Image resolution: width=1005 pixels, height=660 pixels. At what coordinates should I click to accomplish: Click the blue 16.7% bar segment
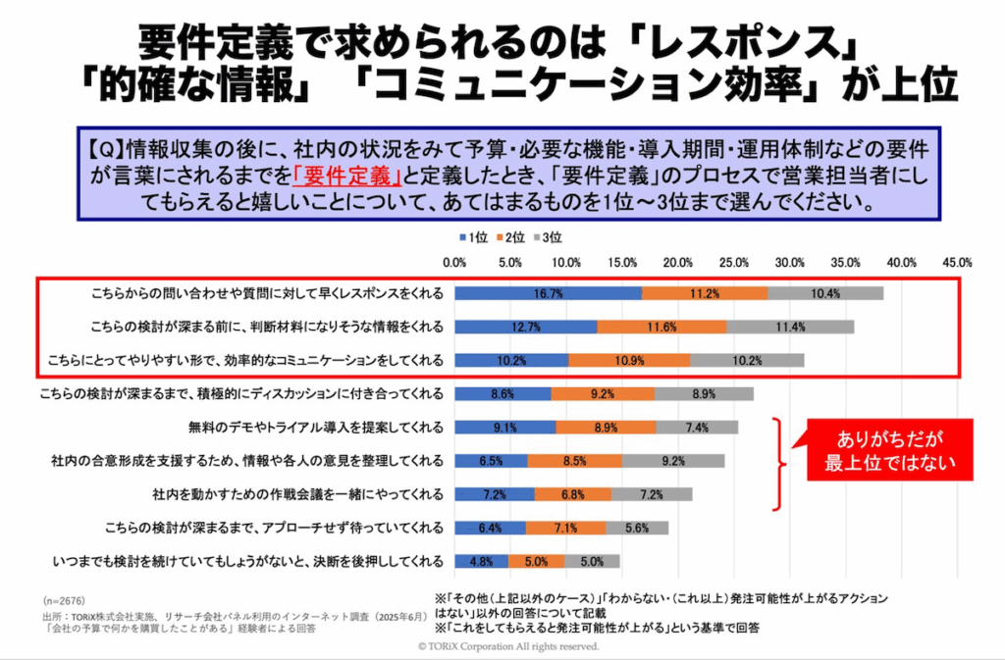[x=548, y=293]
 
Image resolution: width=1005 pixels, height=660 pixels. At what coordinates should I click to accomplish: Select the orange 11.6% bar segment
[x=661, y=327]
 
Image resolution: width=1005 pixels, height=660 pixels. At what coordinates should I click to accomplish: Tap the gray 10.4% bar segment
[x=825, y=293]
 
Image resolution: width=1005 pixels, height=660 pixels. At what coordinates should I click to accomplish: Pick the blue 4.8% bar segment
[x=481, y=562]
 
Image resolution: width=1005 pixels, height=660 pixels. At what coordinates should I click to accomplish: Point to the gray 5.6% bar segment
[x=637, y=528]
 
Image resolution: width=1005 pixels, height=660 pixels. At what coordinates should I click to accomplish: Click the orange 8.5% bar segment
[x=574, y=461]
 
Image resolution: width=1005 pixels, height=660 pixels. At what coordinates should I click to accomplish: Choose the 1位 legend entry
[x=472, y=237]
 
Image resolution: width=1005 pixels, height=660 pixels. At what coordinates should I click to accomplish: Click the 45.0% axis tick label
[x=957, y=263]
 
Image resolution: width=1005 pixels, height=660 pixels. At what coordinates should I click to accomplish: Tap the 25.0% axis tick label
[x=733, y=263]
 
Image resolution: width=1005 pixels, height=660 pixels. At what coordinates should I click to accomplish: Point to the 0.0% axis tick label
[x=454, y=263]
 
